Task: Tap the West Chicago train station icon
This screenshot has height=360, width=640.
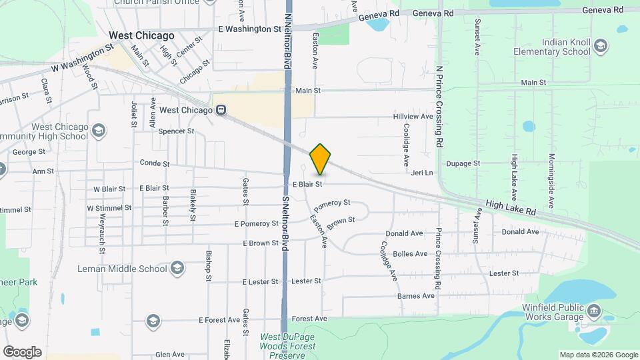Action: [221, 110]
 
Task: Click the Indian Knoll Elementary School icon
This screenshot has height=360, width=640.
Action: [601, 46]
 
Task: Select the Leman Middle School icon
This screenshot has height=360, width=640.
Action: [177, 269]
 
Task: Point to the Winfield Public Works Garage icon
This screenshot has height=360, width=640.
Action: [594, 311]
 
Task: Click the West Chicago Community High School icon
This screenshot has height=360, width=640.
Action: [99, 129]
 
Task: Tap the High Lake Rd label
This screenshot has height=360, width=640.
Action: [511, 208]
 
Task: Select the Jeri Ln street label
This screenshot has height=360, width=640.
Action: [422, 173]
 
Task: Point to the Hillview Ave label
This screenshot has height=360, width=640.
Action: [413, 117]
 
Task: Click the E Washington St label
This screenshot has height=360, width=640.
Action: [250, 29]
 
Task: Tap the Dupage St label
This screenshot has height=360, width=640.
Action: [463, 163]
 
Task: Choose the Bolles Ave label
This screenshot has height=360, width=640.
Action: [411, 254]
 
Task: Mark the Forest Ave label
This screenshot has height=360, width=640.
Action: [309, 319]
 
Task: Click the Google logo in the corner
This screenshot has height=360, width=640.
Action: [22, 352]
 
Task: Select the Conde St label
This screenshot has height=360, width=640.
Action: [155, 163]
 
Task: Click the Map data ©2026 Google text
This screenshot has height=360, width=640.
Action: [599, 355]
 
